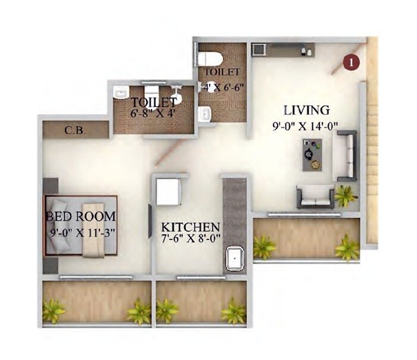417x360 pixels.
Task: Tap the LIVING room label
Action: (x=306, y=110)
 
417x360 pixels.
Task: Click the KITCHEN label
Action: (x=191, y=227)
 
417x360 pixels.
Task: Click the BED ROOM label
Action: (x=80, y=215)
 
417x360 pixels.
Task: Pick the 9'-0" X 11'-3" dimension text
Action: (x=82, y=231)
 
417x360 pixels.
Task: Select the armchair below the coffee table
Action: (x=316, y=196)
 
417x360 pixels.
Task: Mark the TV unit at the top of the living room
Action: (x=280, y=49)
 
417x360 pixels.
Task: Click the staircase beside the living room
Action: (x=372, y=143)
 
